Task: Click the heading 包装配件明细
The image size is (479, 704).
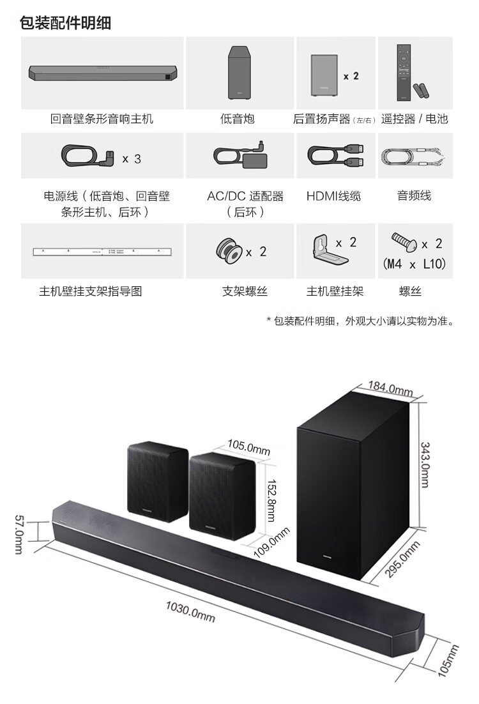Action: pos(66,24)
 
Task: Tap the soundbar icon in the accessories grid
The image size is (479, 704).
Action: pos(103,72)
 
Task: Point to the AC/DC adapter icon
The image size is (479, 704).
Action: pos(240,157)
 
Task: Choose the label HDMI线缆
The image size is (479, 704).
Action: pos(333,196)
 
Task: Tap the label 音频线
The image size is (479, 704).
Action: pos(414,196)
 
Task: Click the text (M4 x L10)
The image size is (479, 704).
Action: pos(414,263)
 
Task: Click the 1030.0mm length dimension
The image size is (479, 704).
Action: pos(190,613)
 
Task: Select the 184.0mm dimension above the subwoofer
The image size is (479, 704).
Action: pos(390,388)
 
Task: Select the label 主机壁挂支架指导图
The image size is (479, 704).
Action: pos(90,292)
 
